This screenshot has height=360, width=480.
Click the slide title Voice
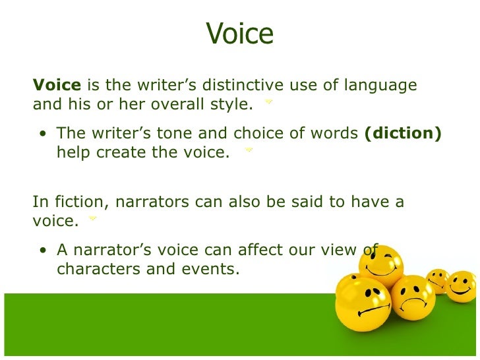click(x=239, y=33)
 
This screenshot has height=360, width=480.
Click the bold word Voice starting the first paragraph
click(x=57, y=86)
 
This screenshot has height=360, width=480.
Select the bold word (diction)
click(x=402, y=133)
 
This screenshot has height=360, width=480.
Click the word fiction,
click(x=74, y=202)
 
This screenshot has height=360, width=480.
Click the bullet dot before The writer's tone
click(x=43, y=135)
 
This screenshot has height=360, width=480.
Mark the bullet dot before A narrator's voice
click(x=43, y=251)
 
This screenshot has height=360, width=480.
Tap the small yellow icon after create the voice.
click(x=249, y=151)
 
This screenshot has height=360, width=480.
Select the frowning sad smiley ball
click(x=412, y=297)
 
